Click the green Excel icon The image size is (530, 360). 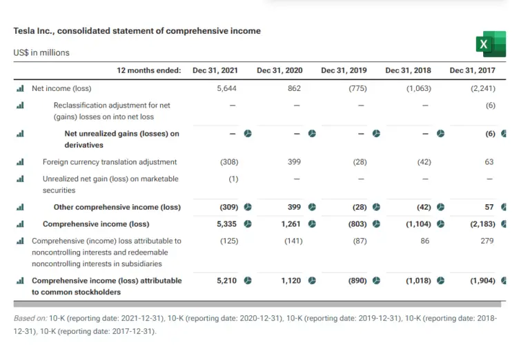pyautogui.click(x=491, y=44)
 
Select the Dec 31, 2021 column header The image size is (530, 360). pyautogui.click(x=215, y=70)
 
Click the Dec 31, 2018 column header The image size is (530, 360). pyautogui.click(x=408, y=70)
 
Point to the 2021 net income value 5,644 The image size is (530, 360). pyautogui.click(x=227, y=88)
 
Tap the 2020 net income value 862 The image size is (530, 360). pyautogui.click(x=295, y=88)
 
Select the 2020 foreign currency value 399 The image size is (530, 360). pyautogui.click(x=295, y=162)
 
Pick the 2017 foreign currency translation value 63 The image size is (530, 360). pyautogui.click(x=489, y=162)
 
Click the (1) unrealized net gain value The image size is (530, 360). pyautogui.click(x=233, y=179)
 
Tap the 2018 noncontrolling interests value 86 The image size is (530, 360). pyautogui.click(x=425, y=241)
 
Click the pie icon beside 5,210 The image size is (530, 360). pyautogui.click(x=248, y=281)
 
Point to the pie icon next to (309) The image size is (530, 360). pyautogui.click(x=248, y=207)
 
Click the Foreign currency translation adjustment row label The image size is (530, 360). pyautogui.click(x=110, y=162)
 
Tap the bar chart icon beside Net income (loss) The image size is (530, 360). pyautogui.click(x=20, y=88)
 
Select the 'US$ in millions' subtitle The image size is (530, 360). pyautogui.click(x=41, y=52)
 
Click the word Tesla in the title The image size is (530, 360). pyautogui.click(x=25, y=31)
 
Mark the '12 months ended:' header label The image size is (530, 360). pyautogui.click(x=148, y=70)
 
